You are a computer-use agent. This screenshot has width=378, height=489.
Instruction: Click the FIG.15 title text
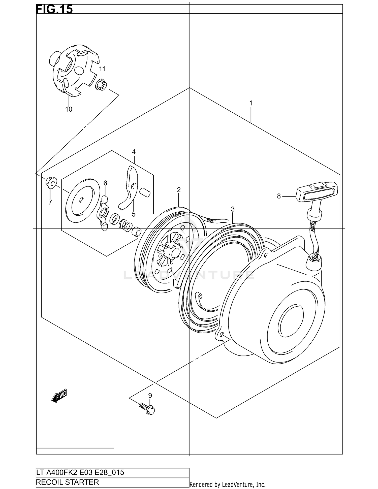tap(54, 9)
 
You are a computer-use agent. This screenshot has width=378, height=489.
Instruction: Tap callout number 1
tap(251, 103)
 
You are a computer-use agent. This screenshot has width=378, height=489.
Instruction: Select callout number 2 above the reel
tap(179, 190)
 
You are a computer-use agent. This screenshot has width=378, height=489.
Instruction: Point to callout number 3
tap(233, 209)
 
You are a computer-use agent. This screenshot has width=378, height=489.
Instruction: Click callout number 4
tap(134, 152)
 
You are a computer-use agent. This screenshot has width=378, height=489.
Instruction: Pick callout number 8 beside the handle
tap(279, 196)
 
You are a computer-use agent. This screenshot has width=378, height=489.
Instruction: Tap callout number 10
tap(69, 109)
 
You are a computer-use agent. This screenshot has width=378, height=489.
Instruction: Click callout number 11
tap(102, 69)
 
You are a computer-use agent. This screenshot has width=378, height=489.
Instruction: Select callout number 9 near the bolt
tap(150, 396)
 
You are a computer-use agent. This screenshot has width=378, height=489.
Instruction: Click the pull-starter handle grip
tap(317, 192)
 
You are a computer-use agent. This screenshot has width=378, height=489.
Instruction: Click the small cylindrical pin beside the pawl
tap(145, 192)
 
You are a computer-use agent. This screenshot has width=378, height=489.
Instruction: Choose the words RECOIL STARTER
tap(68, 482)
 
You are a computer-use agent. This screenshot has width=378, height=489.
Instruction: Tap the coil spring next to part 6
tap(125, 225)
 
